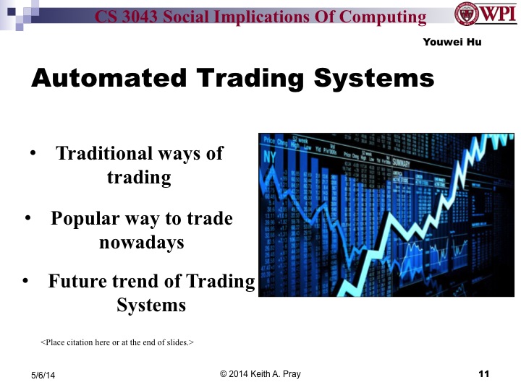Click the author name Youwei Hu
pyautogui.click(x=452, y=43)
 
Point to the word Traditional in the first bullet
pyautogui.click(x=104, y=153)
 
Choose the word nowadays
pyautogui.click(x=142, y=242)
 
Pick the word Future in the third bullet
pyautogui.click(x=77, y=281)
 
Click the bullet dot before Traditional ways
pyautogui.click(x=32, y=154)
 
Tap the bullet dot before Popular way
pyautogui.click(x=27, y=218)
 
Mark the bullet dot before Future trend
pyautogui.click(x=25, y=281)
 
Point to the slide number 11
pyautogui.click(x=484, y=373)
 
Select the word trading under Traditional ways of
pyautogui.click(x=139, y=177)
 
